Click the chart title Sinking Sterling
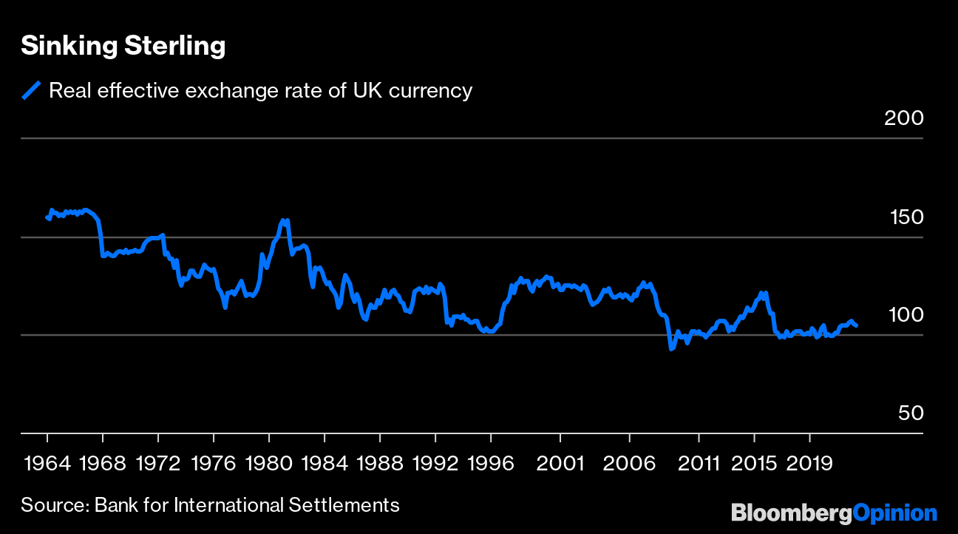123,46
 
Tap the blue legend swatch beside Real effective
31,90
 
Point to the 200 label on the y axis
904,118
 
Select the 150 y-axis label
904,217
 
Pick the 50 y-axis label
911,413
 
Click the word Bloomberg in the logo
791,513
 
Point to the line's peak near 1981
284,220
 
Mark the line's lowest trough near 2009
671,348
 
